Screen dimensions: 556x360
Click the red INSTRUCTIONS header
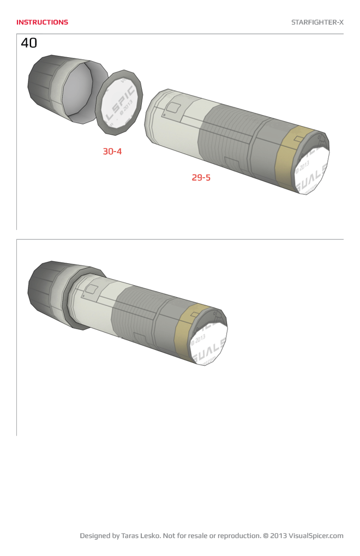[x=42, y=22]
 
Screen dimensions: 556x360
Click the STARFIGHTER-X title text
[x=317, y=22]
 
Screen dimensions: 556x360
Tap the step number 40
[x=29, y=43]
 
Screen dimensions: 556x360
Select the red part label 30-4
[x=112, y=152]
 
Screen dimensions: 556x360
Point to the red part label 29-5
[x=201, y=178]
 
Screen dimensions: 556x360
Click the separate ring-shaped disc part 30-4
[x=118, y=102]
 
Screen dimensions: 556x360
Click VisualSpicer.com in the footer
[x=316, y=536]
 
